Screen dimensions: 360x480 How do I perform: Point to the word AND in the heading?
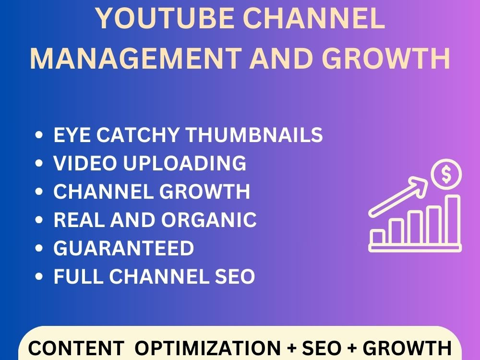(x=278, y=59)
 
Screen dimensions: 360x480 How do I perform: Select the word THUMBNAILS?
(x=254, y=135)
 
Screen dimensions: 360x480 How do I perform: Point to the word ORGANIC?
(x=209, y=220)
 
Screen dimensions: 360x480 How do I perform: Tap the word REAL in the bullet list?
(x=80, y=220)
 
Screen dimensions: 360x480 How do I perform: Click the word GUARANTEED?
(x=124, y=248)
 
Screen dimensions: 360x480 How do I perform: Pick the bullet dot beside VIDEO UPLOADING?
(x=40, y=164)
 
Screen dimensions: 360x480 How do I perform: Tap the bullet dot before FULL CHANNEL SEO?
(x=40, y=277)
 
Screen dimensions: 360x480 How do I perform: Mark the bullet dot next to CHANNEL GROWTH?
(x=40, y=192)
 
